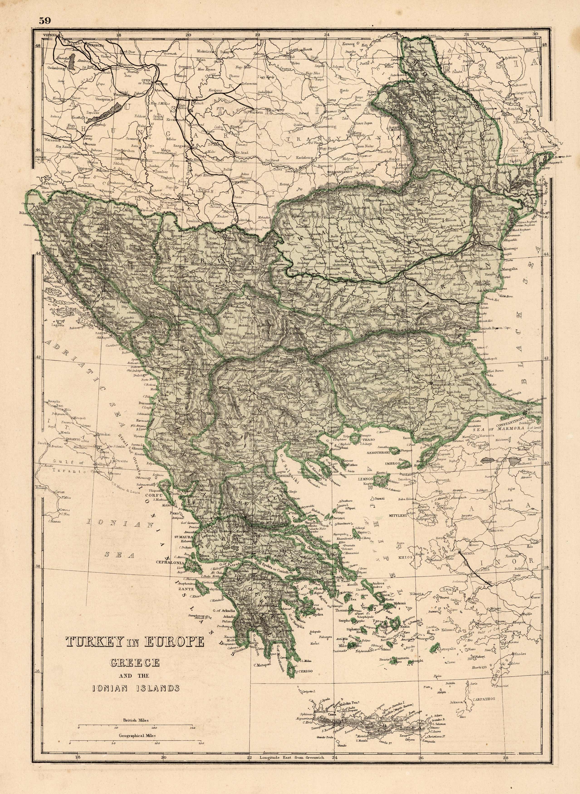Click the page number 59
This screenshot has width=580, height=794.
coord(45,20)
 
